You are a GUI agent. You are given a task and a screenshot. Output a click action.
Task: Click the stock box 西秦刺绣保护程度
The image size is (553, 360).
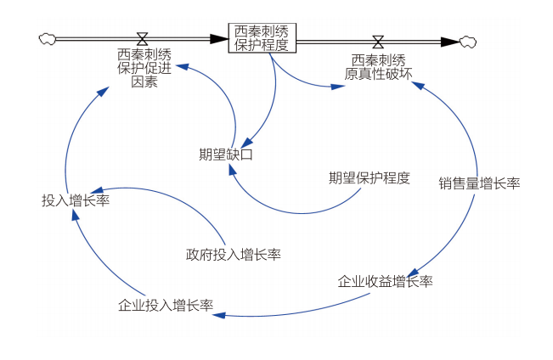(x=262, y=38)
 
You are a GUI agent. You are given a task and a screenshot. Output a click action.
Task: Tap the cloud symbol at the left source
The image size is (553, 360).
(x=48, y=38)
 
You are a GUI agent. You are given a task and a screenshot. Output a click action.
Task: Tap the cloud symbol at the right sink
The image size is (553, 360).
(x=468, y=40)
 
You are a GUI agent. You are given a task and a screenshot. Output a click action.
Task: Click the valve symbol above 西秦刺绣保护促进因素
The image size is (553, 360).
(x=143, y=38)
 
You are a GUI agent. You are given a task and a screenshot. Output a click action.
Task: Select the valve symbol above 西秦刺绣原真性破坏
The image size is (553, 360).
(x=378, y=40)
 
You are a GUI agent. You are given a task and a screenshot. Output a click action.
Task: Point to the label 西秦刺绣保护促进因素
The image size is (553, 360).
(x=143, y=68)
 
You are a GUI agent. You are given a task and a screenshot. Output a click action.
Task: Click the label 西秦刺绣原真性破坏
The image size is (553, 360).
(x=378, y=67)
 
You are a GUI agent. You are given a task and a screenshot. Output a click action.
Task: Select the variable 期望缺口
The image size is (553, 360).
(x=226, y=154)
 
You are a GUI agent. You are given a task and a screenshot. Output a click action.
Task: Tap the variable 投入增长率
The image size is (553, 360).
(x=76, y=200)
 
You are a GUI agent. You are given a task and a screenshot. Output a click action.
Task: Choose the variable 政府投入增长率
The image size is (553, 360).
(x=233, y=254)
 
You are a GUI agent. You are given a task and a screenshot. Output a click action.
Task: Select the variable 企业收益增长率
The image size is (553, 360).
(x=386, y=281)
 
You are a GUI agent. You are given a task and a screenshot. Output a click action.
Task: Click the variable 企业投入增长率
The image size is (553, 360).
(x=166, y=306)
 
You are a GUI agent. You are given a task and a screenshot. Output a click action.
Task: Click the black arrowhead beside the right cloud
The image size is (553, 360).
(x=449, y=40)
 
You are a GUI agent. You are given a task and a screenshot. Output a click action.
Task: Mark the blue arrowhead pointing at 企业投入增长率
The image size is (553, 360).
(x=219, y=315)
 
